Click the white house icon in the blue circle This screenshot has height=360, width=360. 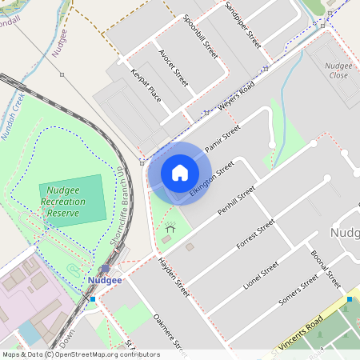tap(180, 173)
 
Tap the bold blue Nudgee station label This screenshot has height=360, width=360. tap(105, 281)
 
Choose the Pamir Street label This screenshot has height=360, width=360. tap(222, 137)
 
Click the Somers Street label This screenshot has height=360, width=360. tap(298, 295)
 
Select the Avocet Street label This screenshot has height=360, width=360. tap(173, 70)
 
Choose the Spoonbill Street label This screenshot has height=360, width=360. tap(200, 37)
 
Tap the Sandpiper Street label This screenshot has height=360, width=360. tap(242, 24)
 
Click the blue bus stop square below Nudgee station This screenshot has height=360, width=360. tap(93, 299)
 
